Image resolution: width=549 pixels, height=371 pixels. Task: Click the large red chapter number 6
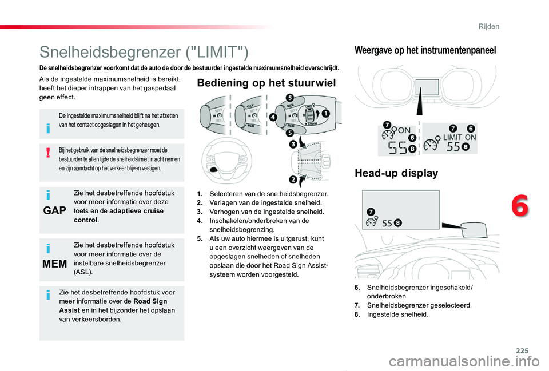click(x=520, y=206)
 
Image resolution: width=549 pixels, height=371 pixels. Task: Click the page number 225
click(x=522, y=350)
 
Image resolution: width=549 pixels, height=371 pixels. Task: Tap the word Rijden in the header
click(x=489, y=27)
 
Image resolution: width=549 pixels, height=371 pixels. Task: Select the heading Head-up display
click(x=396, y=173)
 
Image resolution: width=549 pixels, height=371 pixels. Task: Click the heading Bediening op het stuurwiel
click(x=266, y=83)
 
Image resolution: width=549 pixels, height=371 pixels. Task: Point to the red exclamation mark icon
click(x=48, y=153)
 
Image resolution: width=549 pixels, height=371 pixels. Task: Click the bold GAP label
click(x=55, y=210)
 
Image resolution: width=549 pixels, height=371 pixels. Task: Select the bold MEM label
click(x=55, y=264)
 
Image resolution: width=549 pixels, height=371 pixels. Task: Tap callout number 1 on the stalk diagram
click(x=325, y=113)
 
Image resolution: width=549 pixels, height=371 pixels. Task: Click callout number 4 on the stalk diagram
click(x=273, y=117)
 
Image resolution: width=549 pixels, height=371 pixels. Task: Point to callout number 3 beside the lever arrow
click(x=293, y=144)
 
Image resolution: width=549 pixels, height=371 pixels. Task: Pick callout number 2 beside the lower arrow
click(x=293, y=180)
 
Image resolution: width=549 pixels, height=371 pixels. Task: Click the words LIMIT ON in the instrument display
click(x=459, y=138)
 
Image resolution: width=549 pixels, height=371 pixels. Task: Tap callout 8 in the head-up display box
click(x=398, y=222)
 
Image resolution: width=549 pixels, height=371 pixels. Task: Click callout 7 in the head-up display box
click(x=371, y=212)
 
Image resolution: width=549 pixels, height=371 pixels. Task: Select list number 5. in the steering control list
click(x=200, y=239)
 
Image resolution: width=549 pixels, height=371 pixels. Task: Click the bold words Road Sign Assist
click(x=113, y=306)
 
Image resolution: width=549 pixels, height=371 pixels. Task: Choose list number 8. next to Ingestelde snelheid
click(x=357, y=314)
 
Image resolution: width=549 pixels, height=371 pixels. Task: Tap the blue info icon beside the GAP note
click(x=48, y=194)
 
